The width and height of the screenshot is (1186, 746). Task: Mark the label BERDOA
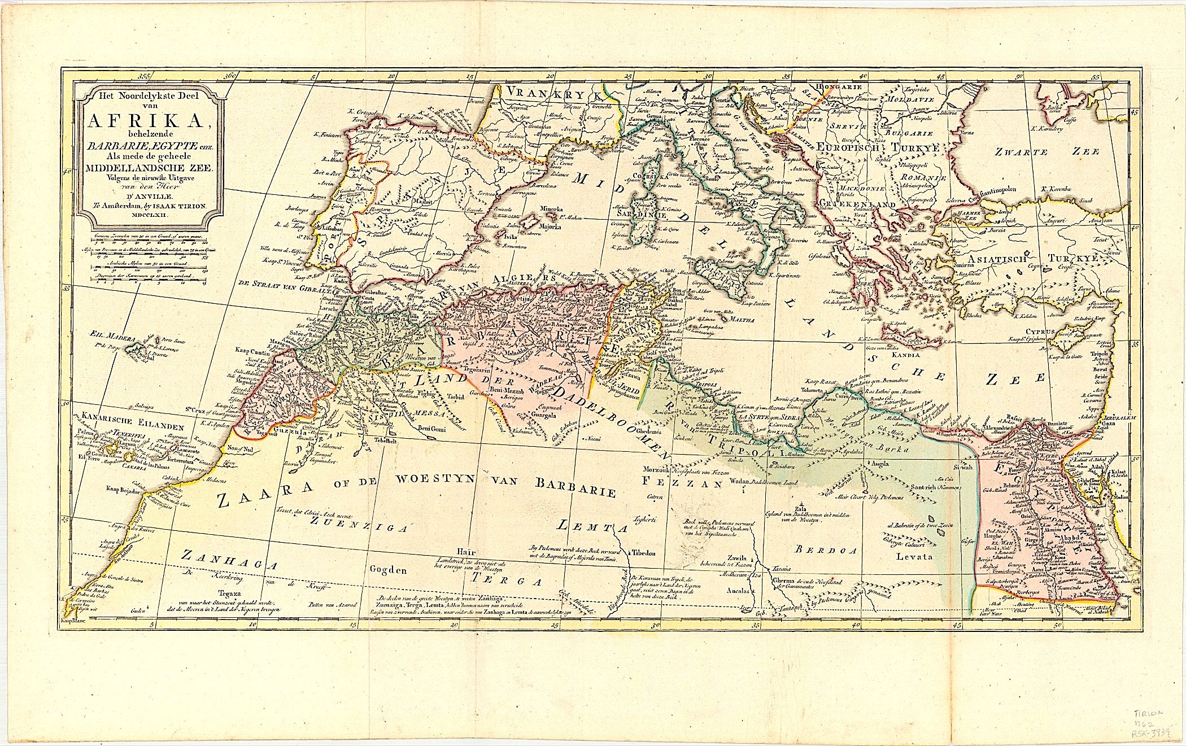point(826,549)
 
